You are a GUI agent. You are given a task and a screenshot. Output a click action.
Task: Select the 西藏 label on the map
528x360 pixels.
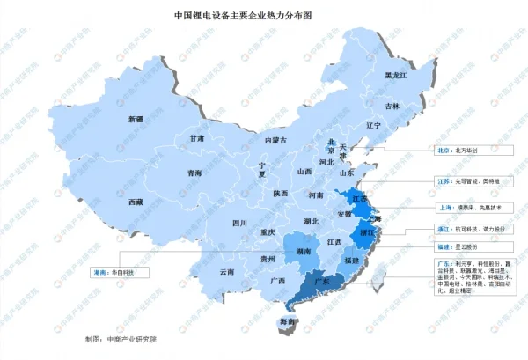click(135, 202)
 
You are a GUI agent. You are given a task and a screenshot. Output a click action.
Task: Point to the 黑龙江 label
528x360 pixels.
click(398, 77)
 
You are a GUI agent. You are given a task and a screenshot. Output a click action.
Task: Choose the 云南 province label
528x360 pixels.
click(228, 272)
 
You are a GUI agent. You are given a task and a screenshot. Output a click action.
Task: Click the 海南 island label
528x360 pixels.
click(287, 323)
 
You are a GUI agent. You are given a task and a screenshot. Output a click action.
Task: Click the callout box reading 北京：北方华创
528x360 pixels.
click(457, 151)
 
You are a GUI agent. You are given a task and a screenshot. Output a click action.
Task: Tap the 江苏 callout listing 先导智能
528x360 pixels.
click(467, 181)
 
